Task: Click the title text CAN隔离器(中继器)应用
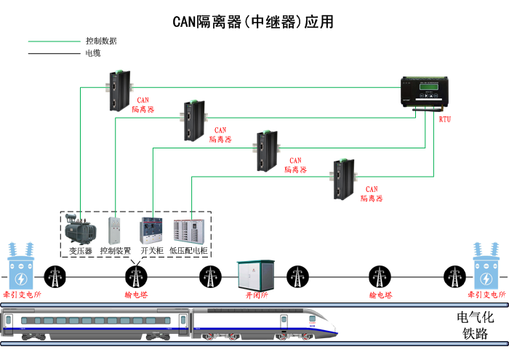pos(253,22)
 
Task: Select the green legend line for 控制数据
pos(54,41)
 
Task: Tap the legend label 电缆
pos(93,53)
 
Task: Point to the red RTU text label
pos(445,119)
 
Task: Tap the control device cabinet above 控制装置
pos(114,230)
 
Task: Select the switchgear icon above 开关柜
pos(151,230)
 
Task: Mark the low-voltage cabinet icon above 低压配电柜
pos(188,230)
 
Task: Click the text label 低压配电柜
pos(189,250)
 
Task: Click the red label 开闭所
pos(257,296)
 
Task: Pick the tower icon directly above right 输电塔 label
pos(380,276)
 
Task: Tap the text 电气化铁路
pos(475,325)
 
